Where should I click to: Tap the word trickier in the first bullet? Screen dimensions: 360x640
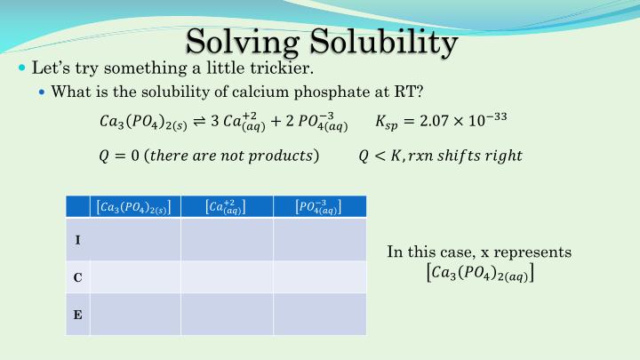click(281, 68)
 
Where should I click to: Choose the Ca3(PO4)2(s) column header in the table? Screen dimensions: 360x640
click(133, 207)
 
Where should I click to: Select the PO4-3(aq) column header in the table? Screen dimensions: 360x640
click(317, 207)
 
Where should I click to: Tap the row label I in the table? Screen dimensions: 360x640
click(77, 240)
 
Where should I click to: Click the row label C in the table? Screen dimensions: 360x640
click(77, 277)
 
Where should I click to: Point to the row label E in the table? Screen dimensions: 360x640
click(77, 314)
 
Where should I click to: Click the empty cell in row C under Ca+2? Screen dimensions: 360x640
click(227, 277)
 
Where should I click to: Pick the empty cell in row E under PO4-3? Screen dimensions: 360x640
click(319, 314)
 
